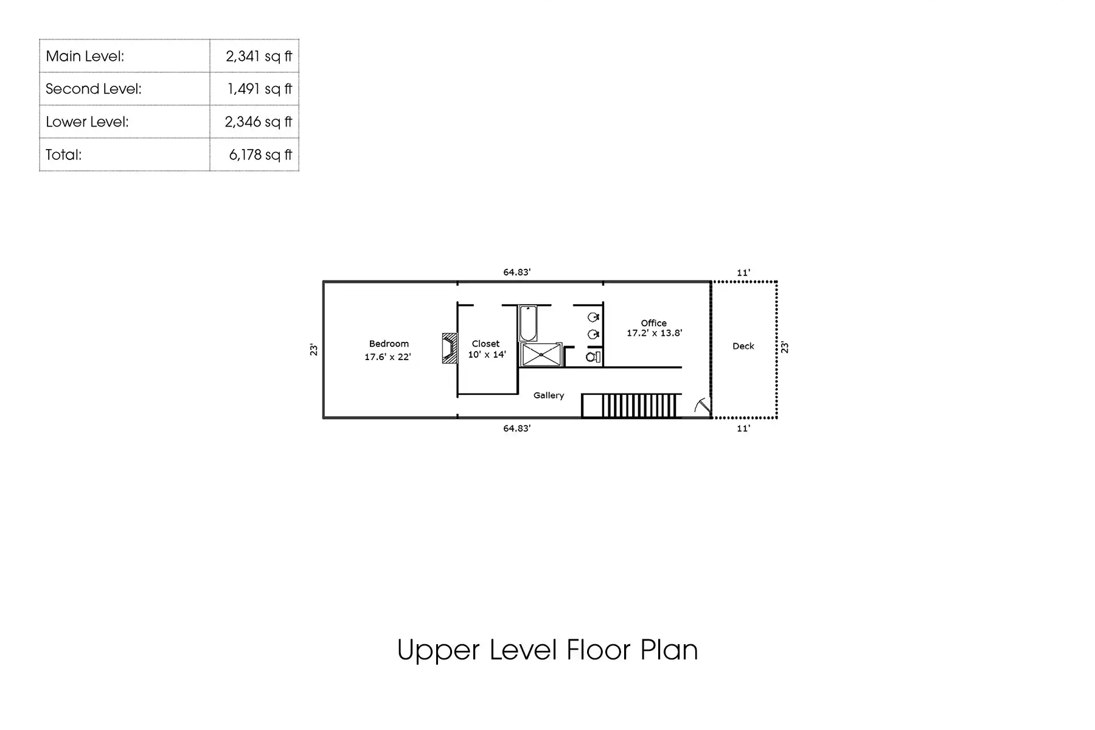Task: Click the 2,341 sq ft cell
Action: tap(258, 56)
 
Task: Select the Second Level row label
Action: tap(94, 89)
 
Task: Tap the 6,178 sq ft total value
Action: tap(260, 155)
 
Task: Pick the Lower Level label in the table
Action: tap(87, 122)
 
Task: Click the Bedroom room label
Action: tap(389, 344)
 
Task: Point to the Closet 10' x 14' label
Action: tap(486, 349)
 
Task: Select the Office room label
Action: tap(654, 323)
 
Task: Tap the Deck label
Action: tap(743, 346)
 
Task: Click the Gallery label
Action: tap(549, 395)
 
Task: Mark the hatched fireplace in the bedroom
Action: tap(450, 348)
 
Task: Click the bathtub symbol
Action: tap(528, 323)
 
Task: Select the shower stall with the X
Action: tap(541, 355)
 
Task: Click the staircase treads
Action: tap(639, 406)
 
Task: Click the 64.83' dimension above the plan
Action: tap(516, 273)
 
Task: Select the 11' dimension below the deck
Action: tap(743, 429)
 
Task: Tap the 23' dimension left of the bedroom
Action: tap(314, 350)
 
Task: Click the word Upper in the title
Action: tap(439, 650)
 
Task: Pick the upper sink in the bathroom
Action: tap(593, 317)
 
